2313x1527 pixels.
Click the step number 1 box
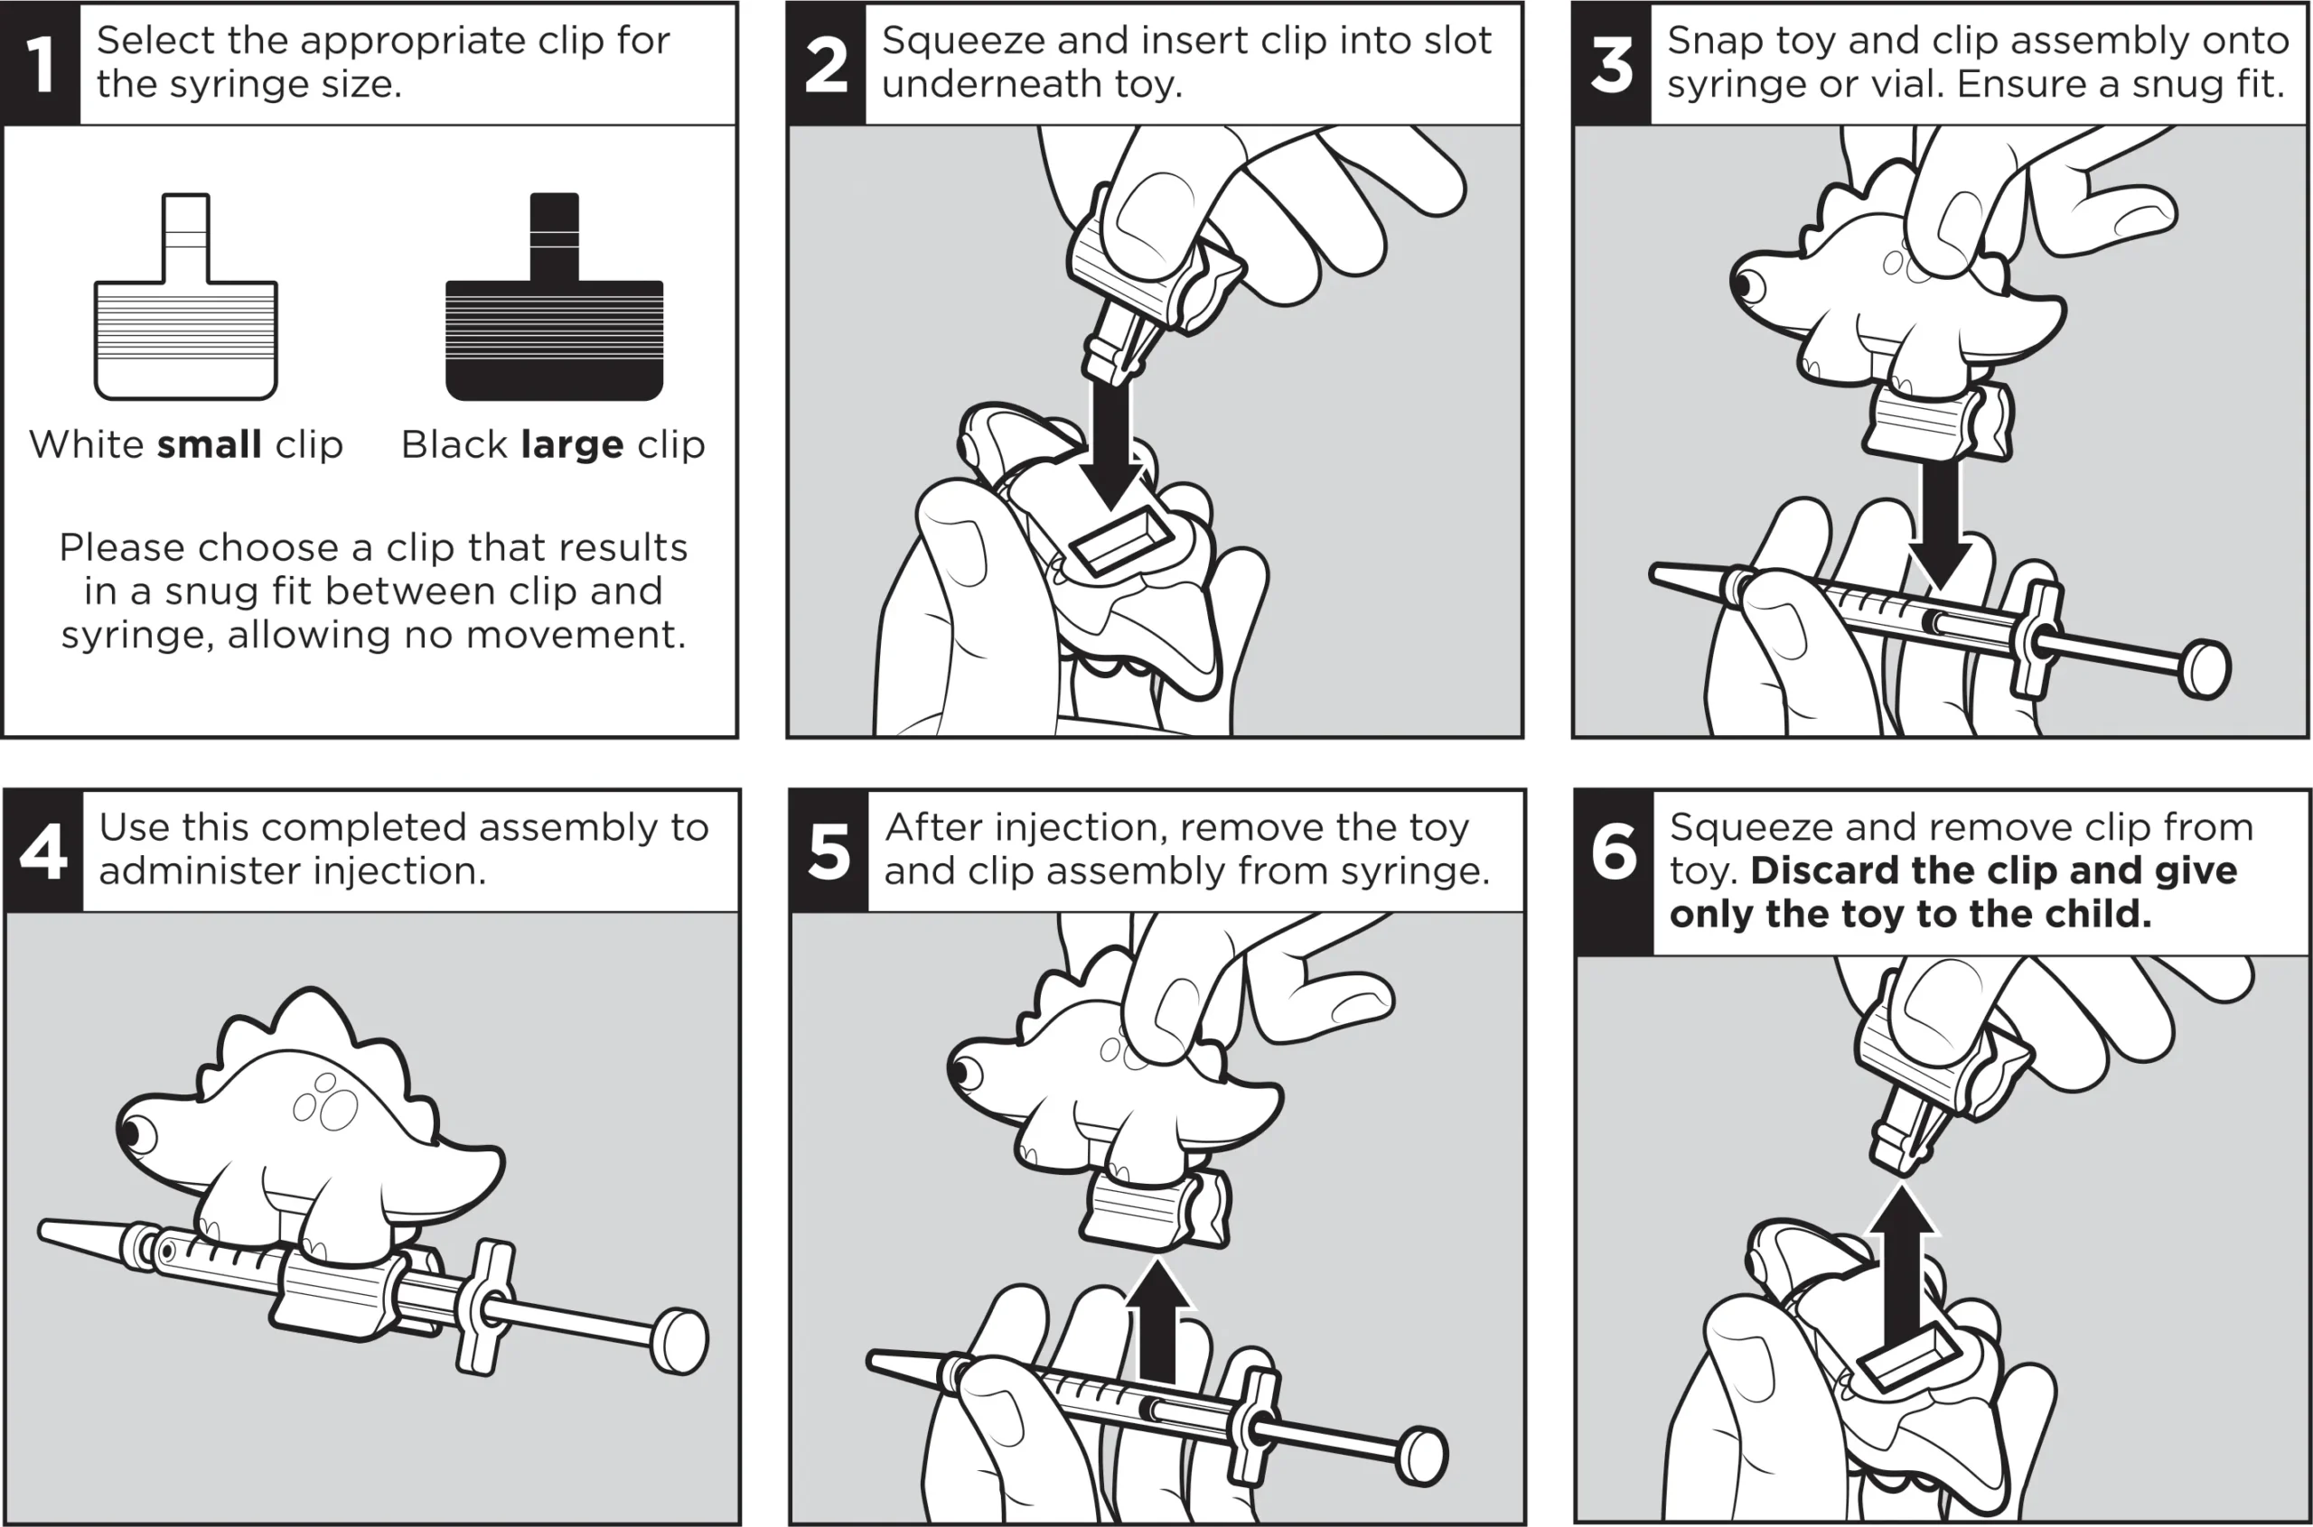tap(40, 64)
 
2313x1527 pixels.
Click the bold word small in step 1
tap(210, 445)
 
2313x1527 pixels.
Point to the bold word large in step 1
tap(572, 445)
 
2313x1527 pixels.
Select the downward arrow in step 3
tap(1941, 526)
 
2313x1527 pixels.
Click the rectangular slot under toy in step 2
tap(1120, 542)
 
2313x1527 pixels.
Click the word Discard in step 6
tap(1824, 871)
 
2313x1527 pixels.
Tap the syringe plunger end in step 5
tap(1422, 1456)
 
